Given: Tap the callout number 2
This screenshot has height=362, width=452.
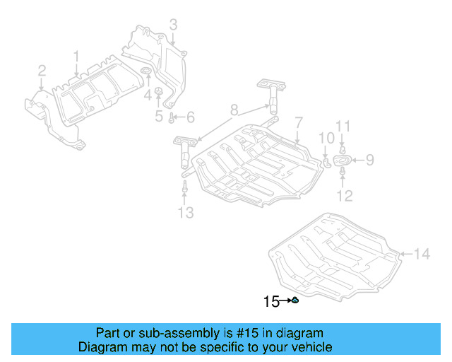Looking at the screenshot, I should pos(42,70).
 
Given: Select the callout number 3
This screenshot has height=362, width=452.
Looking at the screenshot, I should pos(173,26).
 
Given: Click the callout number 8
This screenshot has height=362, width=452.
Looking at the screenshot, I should pos(234,110).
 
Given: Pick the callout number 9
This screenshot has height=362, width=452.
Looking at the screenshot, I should pos(369,160).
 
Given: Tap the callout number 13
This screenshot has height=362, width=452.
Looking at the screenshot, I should pos(185,213).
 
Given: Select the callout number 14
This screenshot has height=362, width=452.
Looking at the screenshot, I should pos(421,254).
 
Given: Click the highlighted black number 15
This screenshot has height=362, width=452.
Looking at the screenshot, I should pos(270,302).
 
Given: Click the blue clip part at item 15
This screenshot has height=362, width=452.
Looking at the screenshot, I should pos(295,302).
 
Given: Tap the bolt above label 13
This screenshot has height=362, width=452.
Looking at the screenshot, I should pos(184,187).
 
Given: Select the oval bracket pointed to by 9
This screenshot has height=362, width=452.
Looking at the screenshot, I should pos(343,161).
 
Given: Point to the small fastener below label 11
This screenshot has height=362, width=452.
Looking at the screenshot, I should pos(343,149).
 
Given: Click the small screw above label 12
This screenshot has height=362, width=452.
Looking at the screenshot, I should pos(343,172).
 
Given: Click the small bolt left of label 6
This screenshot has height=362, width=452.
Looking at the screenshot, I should pos(172,117).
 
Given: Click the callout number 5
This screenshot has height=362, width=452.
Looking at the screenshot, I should pos(159,116).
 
